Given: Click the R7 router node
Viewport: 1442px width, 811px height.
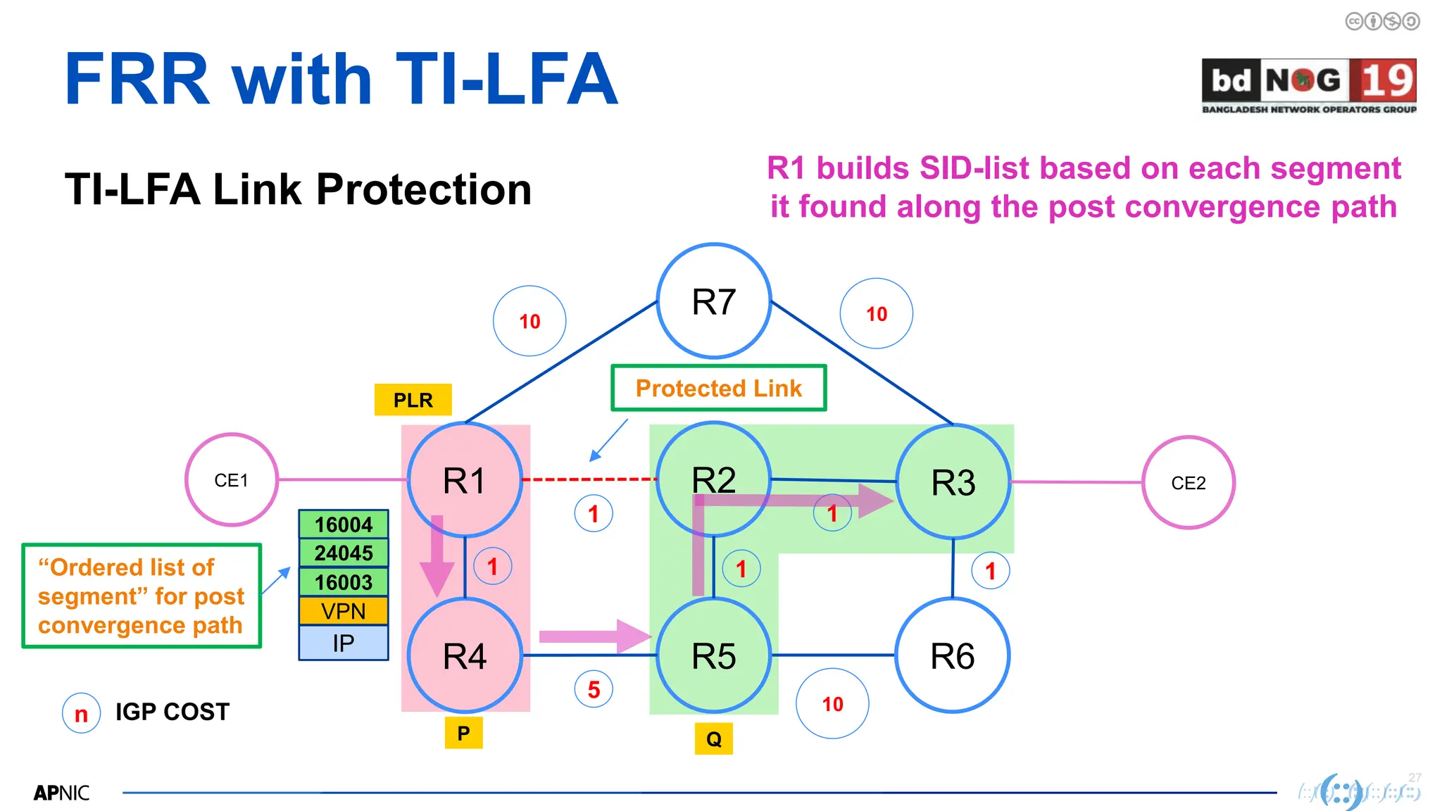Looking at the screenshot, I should (x=713, y=301).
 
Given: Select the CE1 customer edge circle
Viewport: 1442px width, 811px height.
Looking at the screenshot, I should (x=231, y=480).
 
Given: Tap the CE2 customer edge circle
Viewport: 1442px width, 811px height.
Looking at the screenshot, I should (x=1188, y=483).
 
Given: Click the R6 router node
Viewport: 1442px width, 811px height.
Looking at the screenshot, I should (x=952, y=655).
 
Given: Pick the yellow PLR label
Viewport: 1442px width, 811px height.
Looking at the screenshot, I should (x=413, y=400).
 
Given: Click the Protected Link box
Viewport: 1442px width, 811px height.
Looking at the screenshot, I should (x=718, y=388).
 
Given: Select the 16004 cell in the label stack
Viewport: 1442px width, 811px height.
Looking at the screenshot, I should (x=344, y=524).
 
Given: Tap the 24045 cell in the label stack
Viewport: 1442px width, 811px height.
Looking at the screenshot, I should (x=344, y=553).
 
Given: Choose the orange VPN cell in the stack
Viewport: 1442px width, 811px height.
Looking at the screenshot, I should (x=344, y=611).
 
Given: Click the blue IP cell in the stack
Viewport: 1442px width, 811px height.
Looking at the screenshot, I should (x=344, y=643).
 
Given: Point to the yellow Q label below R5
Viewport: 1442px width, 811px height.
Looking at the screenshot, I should (x=713, y=739).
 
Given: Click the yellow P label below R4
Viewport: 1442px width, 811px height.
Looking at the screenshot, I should (x=463, y=734).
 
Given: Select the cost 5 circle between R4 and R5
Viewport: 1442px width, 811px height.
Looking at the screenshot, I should (x=594, y=689).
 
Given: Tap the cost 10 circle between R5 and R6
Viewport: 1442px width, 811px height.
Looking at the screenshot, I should (x=832, y=703).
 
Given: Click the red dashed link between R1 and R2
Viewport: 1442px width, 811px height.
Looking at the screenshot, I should (x=589, y=479).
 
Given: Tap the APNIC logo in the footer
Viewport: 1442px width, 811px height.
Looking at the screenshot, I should (x=61, y=793).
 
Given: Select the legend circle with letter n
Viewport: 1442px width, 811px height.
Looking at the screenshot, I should (x=82, y=713).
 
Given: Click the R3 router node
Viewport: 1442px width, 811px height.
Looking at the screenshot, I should (x=953, y=483).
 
